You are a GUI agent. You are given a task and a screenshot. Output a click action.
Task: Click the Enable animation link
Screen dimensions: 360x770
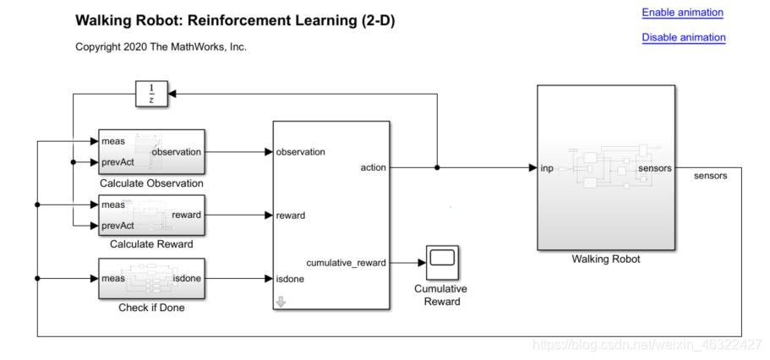[x=682, y=13]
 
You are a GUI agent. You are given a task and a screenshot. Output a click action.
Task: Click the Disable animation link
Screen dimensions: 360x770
[x=683, y=37]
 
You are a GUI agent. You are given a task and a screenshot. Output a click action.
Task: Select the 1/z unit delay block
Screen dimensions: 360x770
[x=151, y=94]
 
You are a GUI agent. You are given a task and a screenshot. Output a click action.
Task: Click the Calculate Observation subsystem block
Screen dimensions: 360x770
[x=151, y=152]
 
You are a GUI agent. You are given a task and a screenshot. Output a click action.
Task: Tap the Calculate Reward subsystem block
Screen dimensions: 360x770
[x=151, y=215]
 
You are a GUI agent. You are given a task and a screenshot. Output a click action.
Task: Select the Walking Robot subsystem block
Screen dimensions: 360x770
[x=605, y=167]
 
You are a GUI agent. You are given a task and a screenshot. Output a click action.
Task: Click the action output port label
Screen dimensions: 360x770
[x=373, y=167]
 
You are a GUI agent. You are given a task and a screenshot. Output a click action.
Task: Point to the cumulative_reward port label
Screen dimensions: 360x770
[x=346, y=262]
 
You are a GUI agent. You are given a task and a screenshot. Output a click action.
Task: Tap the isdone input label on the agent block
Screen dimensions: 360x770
[x=290, y=278]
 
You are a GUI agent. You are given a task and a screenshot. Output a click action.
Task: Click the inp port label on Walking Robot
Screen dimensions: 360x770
[x=547, y=168]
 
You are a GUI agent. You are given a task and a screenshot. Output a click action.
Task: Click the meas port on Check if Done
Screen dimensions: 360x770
[x=112, y=278]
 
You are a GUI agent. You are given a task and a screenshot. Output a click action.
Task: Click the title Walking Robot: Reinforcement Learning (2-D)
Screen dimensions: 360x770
[x=234, y=20]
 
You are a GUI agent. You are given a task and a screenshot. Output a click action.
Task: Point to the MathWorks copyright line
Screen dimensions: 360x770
[x=161, y=47]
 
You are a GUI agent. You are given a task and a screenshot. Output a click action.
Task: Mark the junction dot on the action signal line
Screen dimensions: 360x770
[x=437, y=167]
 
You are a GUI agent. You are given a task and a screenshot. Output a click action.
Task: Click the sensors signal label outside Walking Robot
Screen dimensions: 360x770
[x=710, y=176]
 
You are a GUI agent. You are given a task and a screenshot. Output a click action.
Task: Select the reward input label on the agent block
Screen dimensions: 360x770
[x=290, y=215]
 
